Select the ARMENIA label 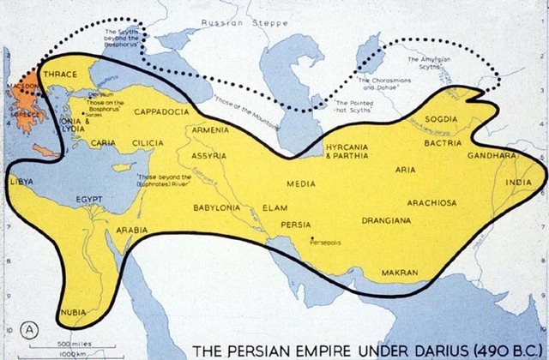210,129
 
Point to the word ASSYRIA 208,156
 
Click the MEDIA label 300,183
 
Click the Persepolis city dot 313,238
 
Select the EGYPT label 89,199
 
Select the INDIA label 516,183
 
